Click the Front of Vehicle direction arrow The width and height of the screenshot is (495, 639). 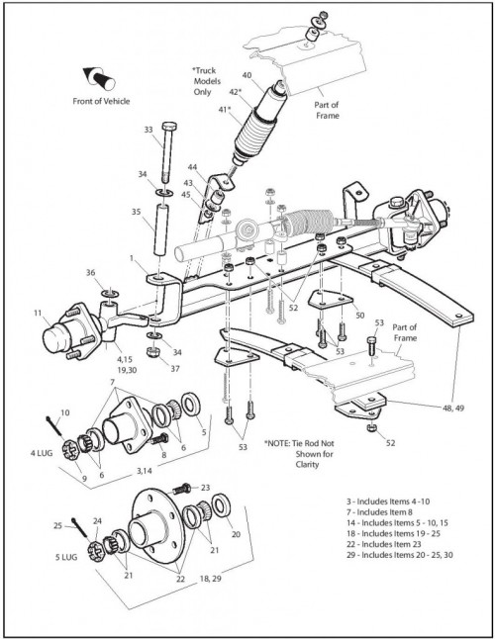(99, 78)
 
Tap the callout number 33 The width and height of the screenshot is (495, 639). (148, 130)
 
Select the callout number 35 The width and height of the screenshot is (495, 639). (137, 212)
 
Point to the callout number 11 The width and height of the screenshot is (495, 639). (38, 313)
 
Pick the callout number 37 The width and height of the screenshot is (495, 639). (175, 369)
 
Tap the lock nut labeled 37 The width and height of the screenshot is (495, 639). (152, 352)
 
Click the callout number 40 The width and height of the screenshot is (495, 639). (247, 75)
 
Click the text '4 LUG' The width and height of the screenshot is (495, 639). (42, 453)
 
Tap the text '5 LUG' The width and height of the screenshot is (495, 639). (66, 557)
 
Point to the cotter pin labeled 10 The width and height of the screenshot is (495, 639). (55, 426)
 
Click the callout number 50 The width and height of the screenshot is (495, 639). (360, 316)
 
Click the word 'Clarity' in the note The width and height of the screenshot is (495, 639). (307, 465)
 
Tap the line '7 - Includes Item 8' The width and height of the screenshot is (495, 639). (376, 512)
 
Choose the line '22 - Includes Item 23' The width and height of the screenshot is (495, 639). (384, 544)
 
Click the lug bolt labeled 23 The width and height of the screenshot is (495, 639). (182, 488)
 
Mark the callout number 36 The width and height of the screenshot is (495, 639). (90, 273)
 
